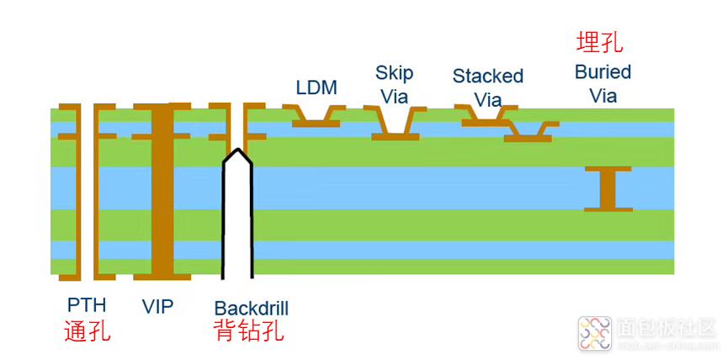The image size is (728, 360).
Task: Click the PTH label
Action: tap(88, 305)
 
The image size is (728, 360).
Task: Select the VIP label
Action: tap(157, 305)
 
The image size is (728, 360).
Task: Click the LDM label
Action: tap(316, 87)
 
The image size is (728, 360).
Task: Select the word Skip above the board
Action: tap(394, 73)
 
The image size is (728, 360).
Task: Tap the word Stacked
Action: tap(487, 76)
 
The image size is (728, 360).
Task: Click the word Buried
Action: tap(603, 71)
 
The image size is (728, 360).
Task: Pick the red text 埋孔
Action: tap(599, 43)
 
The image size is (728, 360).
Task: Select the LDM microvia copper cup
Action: tap(316, 117)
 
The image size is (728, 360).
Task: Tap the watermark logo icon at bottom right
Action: tap(594, 335)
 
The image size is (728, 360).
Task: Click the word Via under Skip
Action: tap(394, 96)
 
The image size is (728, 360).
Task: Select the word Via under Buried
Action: tap(603, 95)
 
